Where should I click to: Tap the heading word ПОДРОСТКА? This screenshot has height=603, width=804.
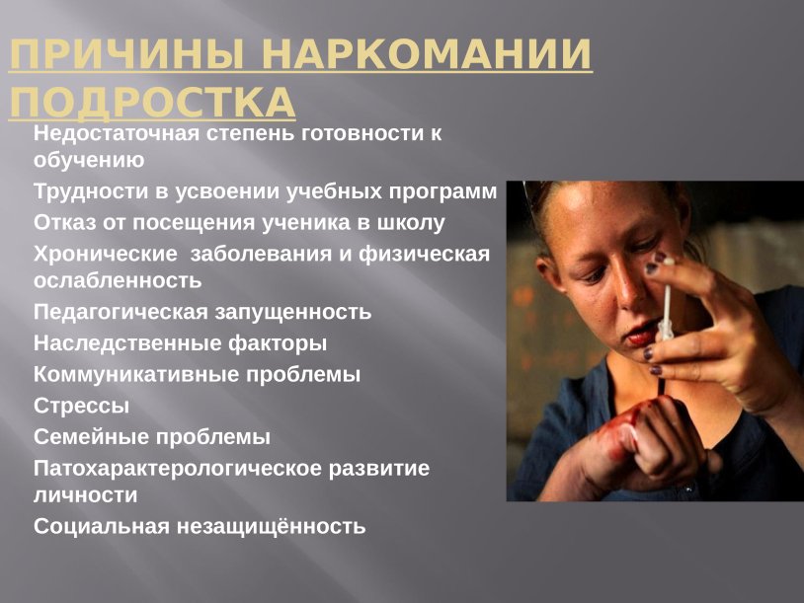[x=151, y=103]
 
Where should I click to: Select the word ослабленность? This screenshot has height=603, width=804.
[x=118, y=280]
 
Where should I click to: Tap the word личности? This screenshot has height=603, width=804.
[x=86, y=494]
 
